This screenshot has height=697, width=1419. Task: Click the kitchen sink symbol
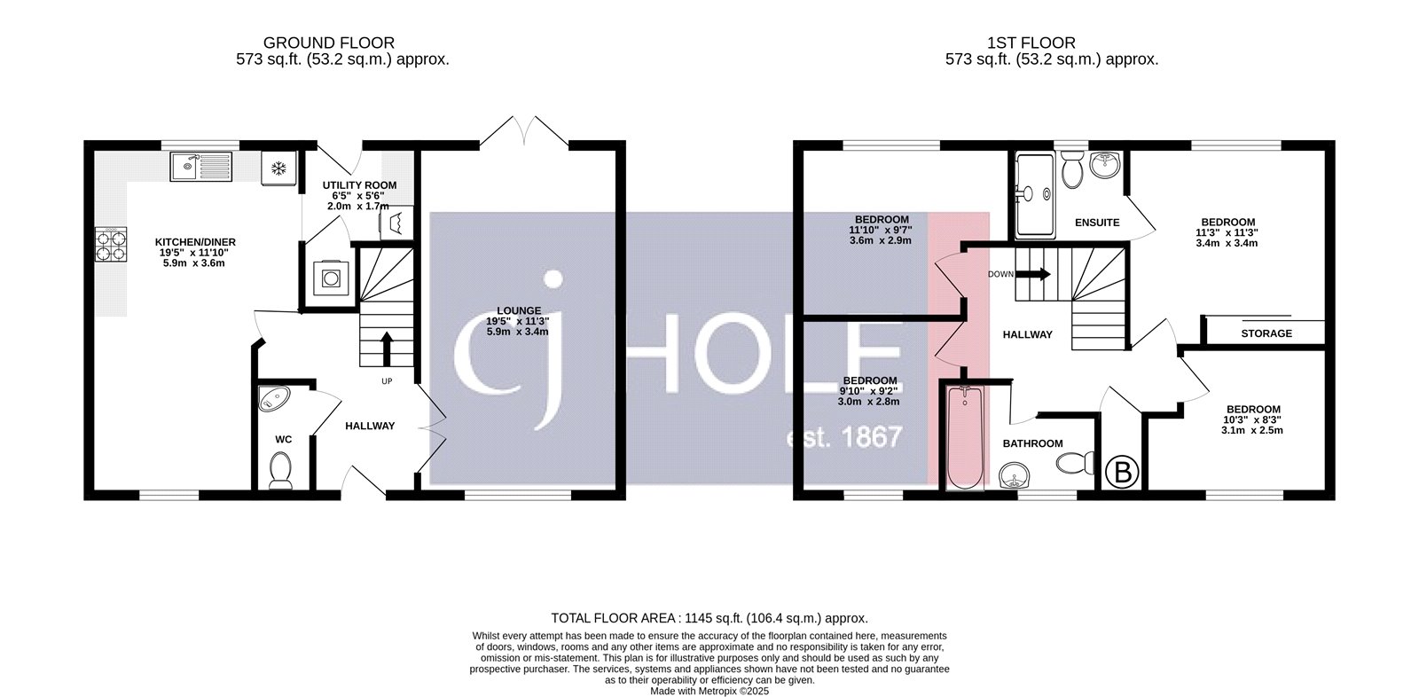click(201, 166)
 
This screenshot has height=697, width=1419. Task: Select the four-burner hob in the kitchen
click(111, 245)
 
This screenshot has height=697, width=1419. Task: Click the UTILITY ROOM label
click(359, 185)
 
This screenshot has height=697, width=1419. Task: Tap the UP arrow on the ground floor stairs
click(387, 348)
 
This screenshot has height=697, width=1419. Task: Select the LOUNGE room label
click(519, 310)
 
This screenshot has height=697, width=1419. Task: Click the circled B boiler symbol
click(1123, 472)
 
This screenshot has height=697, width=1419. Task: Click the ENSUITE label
click(1097, 223)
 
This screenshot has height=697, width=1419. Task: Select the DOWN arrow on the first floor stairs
click(1035, 274)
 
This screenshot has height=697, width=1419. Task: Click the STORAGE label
click(1266, 333)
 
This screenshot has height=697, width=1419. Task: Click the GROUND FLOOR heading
click(328, 43)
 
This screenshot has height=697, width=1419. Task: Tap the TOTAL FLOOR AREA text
click(709, 618)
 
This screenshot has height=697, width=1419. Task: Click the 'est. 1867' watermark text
click(844, 437)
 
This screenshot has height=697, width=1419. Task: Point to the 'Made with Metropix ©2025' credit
click(709, 691)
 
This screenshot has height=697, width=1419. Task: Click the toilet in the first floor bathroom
click(1076, 462)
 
